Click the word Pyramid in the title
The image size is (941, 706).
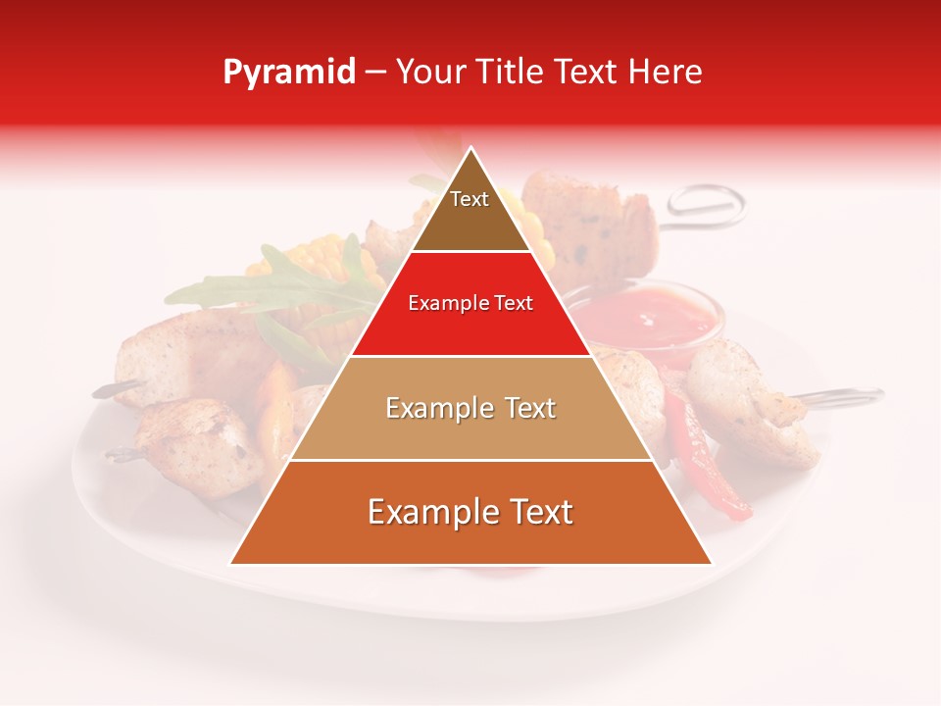[x=289, y=73]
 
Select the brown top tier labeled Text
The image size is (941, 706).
[x=470, y=211]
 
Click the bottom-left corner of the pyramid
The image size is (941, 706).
[x=231, y=563]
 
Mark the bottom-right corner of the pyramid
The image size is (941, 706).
[x=711, y=563]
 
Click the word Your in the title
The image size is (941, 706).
[x=429, y=73]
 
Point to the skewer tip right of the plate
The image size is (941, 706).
[x=872, y=394]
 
